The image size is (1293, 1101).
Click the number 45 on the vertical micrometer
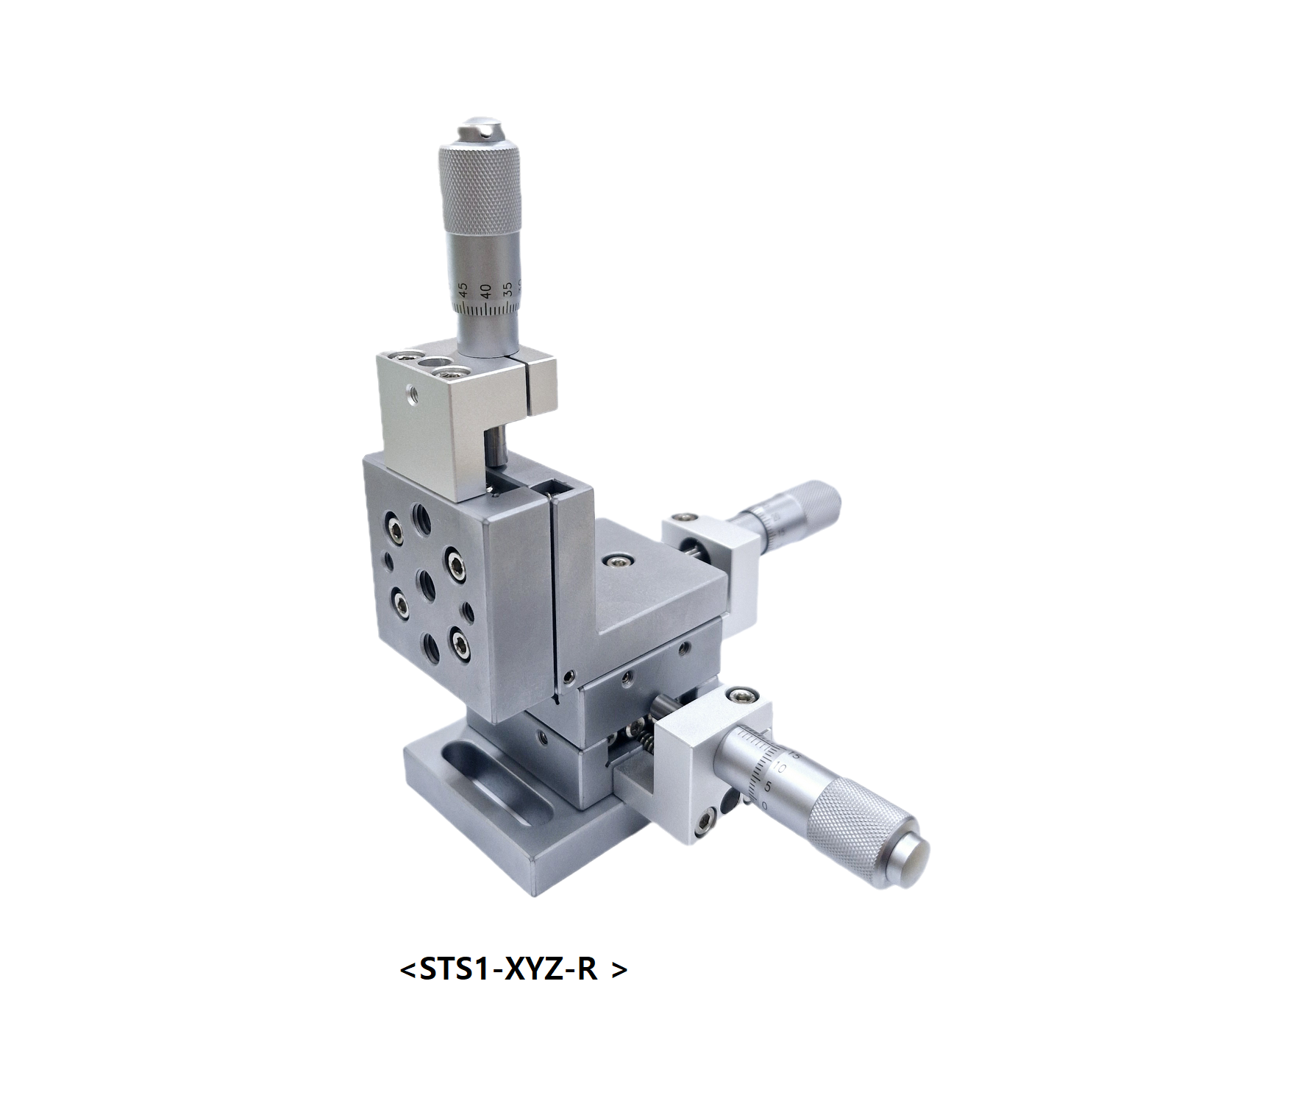click(463, 290)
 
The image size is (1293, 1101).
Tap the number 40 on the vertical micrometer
click(485, 291)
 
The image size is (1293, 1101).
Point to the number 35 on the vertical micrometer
click(507, 289)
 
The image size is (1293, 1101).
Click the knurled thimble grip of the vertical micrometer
click(480, 184)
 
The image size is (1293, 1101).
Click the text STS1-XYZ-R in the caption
click(508, 969)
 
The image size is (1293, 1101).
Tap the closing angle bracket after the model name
click(619, 970)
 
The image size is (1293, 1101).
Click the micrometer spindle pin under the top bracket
click(497, 447)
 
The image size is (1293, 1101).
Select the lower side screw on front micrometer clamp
click(706, 819)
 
